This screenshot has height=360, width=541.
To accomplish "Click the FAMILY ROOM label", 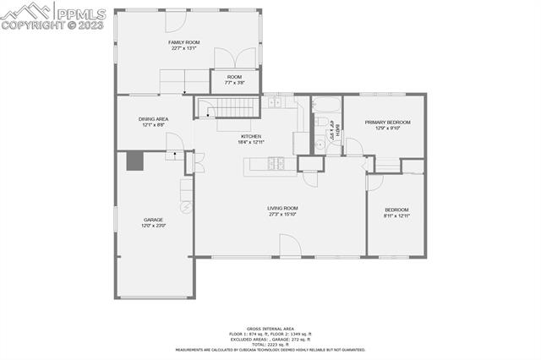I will click(183, 44).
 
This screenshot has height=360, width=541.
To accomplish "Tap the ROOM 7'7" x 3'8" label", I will click(234, 79).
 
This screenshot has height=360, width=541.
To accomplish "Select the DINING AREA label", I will click(154, 122).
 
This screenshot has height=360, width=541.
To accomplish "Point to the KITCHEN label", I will click(251, 139).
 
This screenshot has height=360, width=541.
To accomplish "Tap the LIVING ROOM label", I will click(282, 210).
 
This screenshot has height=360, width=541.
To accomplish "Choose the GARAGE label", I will click(153, 222).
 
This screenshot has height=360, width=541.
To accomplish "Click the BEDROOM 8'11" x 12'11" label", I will click(396, 213).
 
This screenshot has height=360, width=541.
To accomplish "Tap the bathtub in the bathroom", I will click(325, 106).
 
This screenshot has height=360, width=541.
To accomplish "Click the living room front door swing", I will click(290, 246).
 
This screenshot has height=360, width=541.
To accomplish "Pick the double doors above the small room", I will click(233, 58).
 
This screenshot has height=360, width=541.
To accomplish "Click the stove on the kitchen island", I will click(276, 164).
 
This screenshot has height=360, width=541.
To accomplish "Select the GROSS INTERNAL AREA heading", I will click(270, 328).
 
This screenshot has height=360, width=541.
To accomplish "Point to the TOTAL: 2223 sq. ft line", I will click(270, 343).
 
